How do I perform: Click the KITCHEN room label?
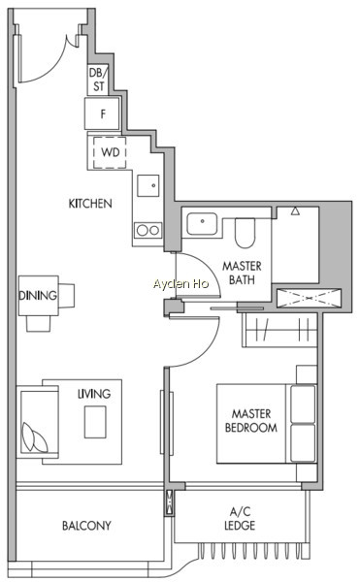tap(90, 204)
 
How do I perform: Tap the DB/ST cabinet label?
tap(98, 80)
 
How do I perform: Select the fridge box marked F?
tap(102, 113)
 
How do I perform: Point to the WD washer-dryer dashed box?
tap(110, 152)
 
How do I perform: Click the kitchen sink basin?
tap(148, 185)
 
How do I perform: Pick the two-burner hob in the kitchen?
tap(148, 230)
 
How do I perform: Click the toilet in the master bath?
tap(245, 233)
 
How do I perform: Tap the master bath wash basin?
tap(202, 223)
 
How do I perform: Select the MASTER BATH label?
tap(242, 273)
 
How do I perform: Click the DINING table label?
tap(38, 296)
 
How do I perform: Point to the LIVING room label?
tap(94, 394)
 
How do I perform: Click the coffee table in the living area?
tap(95, 422)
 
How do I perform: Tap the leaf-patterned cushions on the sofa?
tap(35, 437)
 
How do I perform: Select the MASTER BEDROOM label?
tap(251, 421)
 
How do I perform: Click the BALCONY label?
tap(86, 526)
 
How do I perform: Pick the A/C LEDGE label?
tap(240, 519)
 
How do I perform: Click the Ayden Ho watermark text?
tap(180, 284)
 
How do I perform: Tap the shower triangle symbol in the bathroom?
tap(295, 211)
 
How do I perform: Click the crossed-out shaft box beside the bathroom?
tap(309, 298)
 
